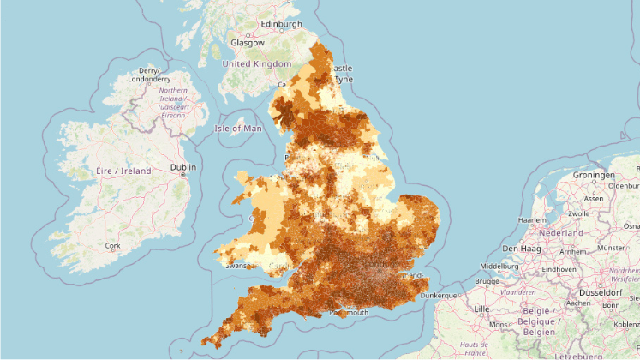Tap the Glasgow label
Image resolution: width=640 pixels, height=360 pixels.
(247, 42)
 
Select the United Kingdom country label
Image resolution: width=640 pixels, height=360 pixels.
(256, 64)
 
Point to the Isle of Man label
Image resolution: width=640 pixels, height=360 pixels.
(239, 129)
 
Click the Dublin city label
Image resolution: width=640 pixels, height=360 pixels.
(182, 166)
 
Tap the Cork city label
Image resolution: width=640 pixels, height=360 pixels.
(112, 245)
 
